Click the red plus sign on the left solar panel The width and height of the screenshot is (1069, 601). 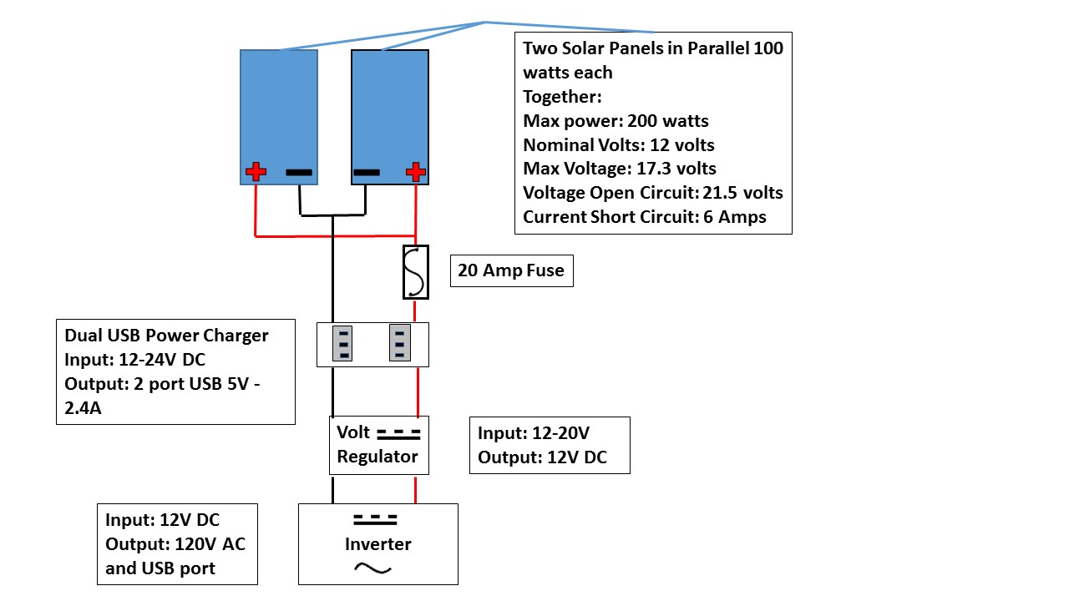256,173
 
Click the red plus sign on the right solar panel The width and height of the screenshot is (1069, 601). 415,173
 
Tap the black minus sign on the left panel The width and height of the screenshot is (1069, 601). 299,173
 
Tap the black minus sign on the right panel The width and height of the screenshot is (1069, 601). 367,173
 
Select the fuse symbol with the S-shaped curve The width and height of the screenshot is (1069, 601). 416,271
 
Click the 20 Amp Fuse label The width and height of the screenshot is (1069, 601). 511,270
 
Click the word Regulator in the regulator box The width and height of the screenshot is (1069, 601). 377,457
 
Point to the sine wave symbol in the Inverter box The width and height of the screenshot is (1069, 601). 373,568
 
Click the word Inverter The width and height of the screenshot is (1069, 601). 378,544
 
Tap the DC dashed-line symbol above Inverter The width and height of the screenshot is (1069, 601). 375,519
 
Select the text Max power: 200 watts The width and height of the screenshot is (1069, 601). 616,121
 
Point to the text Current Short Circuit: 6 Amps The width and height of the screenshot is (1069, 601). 645,217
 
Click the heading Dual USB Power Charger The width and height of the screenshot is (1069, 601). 166,336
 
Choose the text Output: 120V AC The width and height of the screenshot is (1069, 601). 175,544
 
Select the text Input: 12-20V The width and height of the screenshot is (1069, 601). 534,433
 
